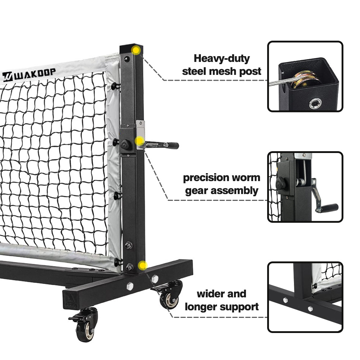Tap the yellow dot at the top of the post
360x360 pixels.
coord(136,50)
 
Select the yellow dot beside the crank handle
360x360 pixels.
coord(139,141)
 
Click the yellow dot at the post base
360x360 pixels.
coord(143,266)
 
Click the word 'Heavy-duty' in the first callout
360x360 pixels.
coord(221,59)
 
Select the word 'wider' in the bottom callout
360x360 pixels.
coord(210,294)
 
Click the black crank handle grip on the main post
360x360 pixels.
coord(172,145)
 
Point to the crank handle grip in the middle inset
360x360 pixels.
coord(328,208)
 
